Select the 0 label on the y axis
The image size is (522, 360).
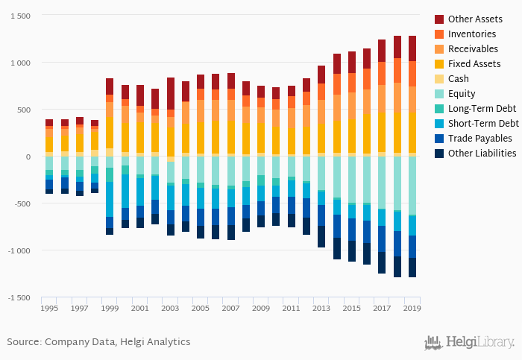coord(28,157)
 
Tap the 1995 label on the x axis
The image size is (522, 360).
coord(49,308)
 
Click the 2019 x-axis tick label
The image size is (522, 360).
coord(412,308)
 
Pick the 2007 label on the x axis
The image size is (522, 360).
coord(231,308)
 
